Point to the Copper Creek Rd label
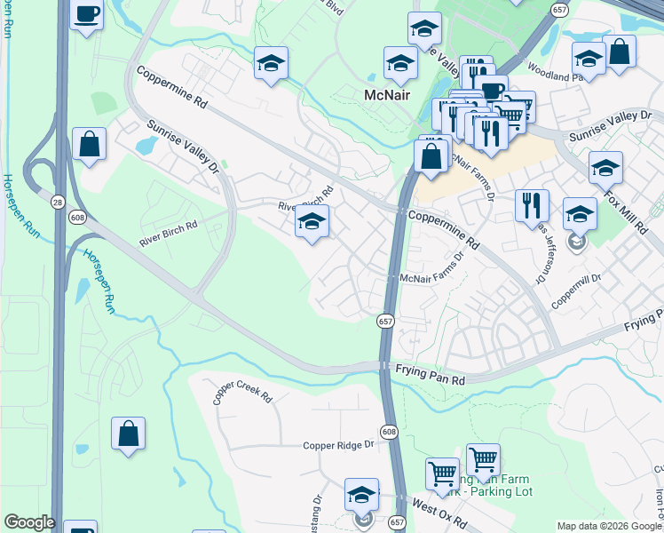(x=241, y=392)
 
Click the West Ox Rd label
(x=435, y=510)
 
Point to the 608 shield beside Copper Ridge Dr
(x=391, y=432)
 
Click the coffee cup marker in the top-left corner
(x=86, y=15)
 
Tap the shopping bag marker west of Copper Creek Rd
(x=128, y=434)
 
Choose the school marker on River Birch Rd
(x=312, y=222)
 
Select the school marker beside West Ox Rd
(x=361, y=495)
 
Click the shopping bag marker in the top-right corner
(x=620, y=52)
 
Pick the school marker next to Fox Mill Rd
(x=605, y=168)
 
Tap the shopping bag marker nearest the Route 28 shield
(x=89, y=145)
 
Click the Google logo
(x=28, y=522)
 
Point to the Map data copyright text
(x=609, y=526)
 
